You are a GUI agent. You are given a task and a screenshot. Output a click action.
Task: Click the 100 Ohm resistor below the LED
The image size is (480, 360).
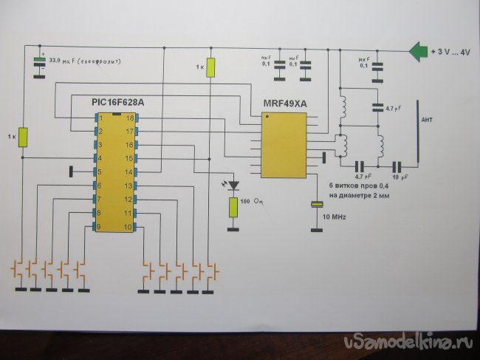coord(233,207)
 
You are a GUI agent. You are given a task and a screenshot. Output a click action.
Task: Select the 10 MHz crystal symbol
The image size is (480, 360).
coord(317,204)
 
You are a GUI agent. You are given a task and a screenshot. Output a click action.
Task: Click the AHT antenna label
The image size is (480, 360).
coord(426,119)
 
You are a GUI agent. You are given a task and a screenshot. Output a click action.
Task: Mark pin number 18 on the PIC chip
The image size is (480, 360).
coord(129,118)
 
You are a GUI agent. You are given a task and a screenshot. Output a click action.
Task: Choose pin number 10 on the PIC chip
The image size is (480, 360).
coord(129,227)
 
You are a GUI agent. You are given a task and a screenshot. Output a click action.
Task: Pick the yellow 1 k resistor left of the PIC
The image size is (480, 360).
coord(23,137)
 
